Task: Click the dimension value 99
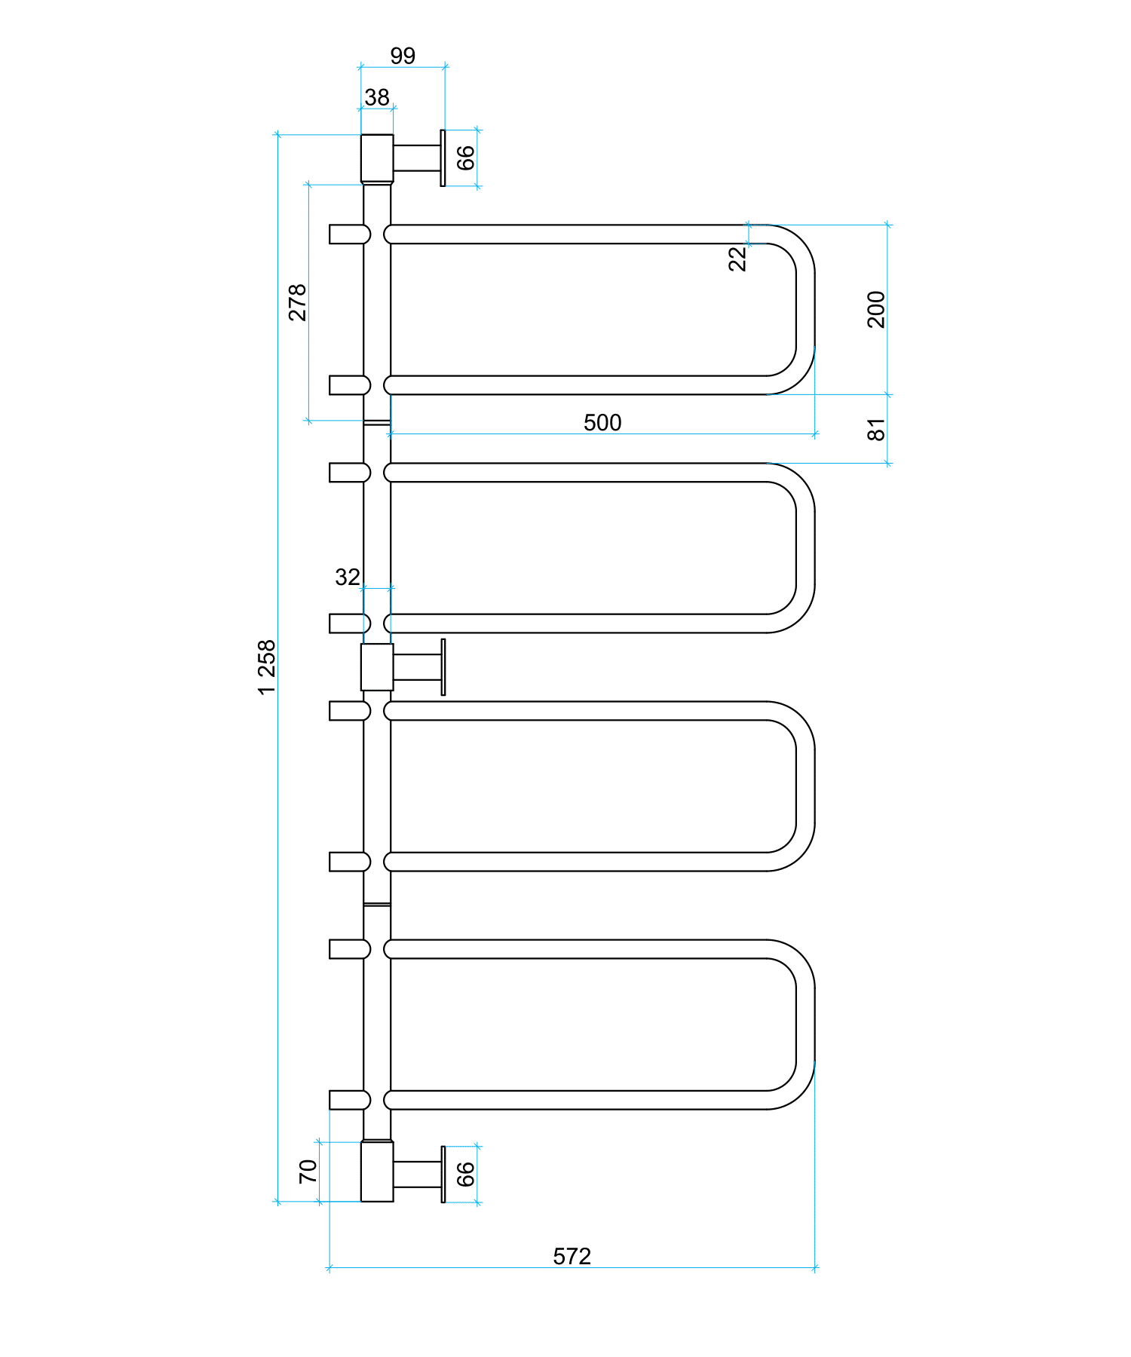[x=403, y=56]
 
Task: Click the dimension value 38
[x=377, y=97]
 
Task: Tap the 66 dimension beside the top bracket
[x=466, y=158]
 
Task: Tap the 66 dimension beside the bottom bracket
[x=466, y=1174]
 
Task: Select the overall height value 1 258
[x=267, y=667]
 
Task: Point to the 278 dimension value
[x=298, y=302]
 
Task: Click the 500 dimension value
[x=602, y=423]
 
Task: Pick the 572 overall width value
[x=572, y=1257]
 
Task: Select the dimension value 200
[x=876, y=309]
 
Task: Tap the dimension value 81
[x=876, y=430]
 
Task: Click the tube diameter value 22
[x=737, y=259]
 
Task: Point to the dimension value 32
[x=348, y=577]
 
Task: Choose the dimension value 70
[x=308, y=1171]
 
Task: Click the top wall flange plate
[x=443, y=158]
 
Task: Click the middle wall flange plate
[x=443, y=667]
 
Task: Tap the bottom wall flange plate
[x=443, y=1175]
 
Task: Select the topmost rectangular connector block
[x=377, y=158]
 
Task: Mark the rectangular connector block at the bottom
[x=377, y=1172]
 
